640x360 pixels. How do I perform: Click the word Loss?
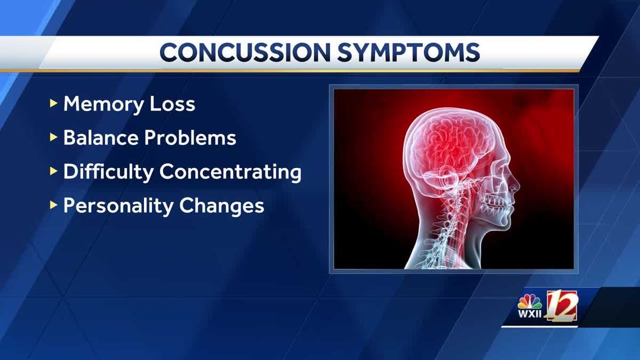(174, 105)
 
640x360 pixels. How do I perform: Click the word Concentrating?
(230, 172)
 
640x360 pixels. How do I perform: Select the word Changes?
(225, 206)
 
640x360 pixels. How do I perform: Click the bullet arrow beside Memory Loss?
(53, 104)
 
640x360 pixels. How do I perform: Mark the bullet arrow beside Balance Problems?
(53, 138)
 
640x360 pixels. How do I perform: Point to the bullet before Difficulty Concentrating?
(53, 172)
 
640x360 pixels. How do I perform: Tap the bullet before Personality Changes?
(53, 205)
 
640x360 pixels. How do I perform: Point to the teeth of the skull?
(499, 203)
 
